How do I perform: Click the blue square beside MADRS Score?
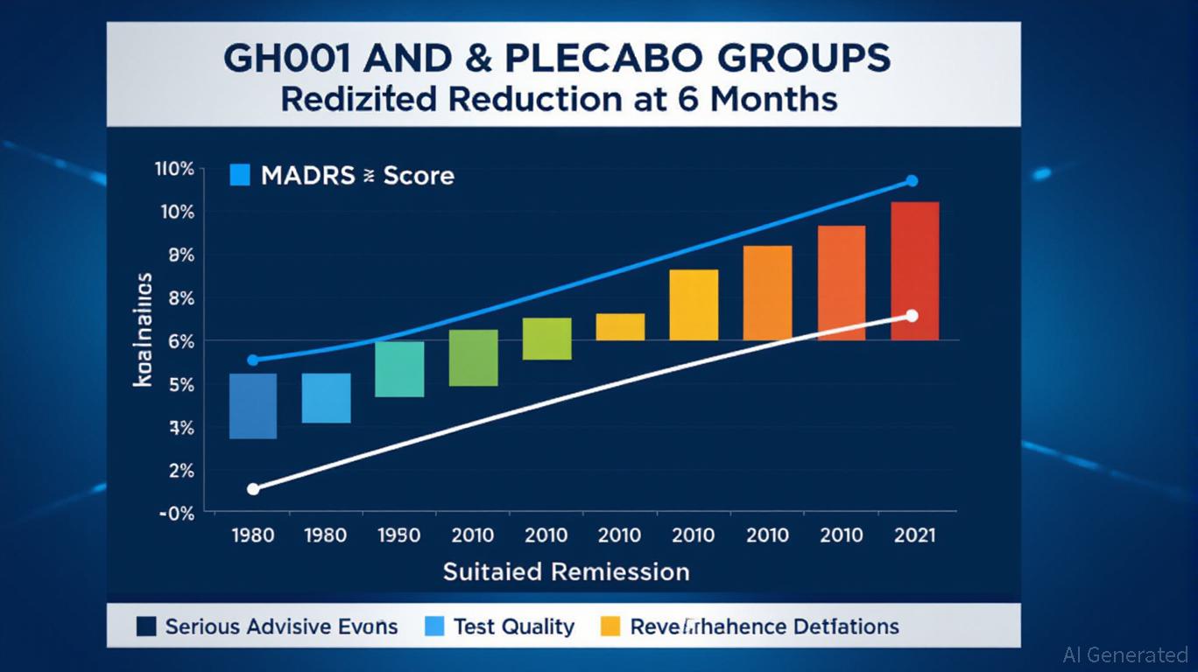(x=239, y=175)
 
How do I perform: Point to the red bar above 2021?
(x=914, y=270)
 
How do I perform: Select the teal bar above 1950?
(x=399, y=368)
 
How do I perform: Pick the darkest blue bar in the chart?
(x=252, y=406)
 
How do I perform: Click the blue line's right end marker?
(x=911, y=181)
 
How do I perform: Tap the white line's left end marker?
(x=253, y=489)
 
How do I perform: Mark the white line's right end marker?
(x=912, y=316)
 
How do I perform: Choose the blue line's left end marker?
(x=253, y=360)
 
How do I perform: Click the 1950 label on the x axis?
(x=398, y=535)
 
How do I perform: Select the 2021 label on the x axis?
(x=914, y=535)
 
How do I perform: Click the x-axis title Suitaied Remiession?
(x=566, y=572)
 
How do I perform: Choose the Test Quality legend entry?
(x=513, y=626)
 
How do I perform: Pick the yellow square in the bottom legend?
(x=610, y=626)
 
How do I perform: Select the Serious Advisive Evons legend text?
(x=281, y=626)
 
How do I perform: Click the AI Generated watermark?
(x=1124, y=654)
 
